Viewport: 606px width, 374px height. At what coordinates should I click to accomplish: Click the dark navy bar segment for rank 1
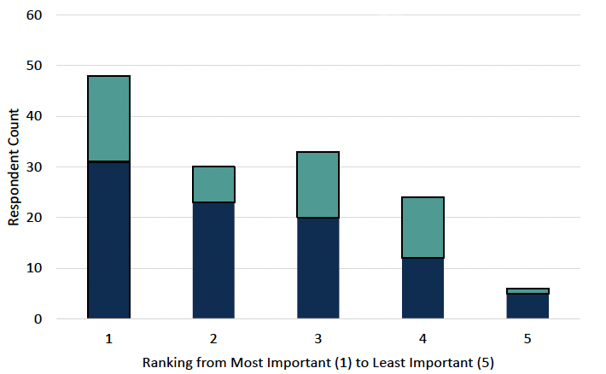(x=108, y=240)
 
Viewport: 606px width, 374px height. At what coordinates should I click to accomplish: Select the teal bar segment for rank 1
(x=108, y=119)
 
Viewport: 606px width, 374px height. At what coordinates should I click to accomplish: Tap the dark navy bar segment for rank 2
(x=213, y=260)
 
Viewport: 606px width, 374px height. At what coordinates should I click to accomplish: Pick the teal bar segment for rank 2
(x=213, y=184)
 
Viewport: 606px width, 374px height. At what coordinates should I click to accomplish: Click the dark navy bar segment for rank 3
(x=318, y=268)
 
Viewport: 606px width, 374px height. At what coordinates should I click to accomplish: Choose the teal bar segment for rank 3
(x=318, y=184)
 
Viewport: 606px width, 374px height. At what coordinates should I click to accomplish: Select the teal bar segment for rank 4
(x=422, y=228)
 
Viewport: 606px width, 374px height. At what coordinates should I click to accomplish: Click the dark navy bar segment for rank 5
(x=527, y=306)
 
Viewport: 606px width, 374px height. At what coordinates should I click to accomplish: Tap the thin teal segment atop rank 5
(x=527, y=291)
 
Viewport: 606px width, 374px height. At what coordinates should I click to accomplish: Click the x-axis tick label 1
(x=108, y=338)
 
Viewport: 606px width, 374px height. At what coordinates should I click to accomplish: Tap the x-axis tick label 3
(x=318, y=338)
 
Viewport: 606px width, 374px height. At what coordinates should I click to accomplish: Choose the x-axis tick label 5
(x=527, y=338)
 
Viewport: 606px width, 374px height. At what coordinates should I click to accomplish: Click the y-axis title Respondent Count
(x=14, y=167)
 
